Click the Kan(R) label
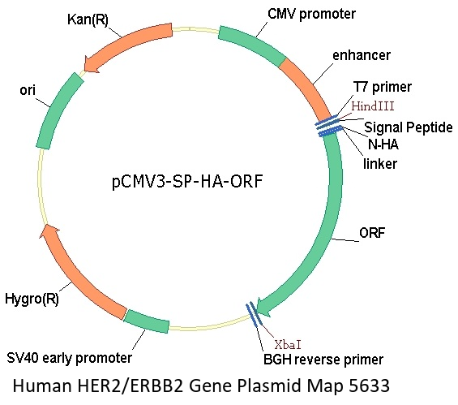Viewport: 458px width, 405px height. [88, 19]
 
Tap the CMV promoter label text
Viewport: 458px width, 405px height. [311, 14]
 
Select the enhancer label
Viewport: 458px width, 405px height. [362, 55]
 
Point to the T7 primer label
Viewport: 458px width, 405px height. [382, 87]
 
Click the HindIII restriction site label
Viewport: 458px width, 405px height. [373, 106]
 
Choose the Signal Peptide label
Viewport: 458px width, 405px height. [409, 127]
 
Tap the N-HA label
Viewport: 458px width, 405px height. [383, 144]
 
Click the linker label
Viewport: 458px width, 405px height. [380, 163]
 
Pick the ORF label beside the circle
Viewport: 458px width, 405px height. [372, 233]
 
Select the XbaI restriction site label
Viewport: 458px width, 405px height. [288, 345]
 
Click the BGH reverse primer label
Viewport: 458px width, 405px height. [323, 360]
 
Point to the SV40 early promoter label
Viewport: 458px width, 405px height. [69, 358]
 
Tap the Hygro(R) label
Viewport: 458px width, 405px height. [32, 299]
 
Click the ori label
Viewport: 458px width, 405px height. [28, 90]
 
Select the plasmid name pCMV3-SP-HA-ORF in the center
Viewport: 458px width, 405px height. [187, 181]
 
